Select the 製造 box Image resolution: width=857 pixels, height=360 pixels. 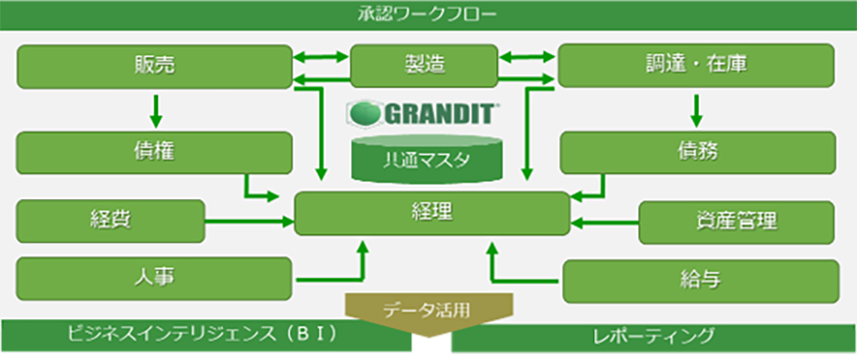425,66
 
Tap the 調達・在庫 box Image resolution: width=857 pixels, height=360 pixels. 696,66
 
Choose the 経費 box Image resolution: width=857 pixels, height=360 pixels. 110,220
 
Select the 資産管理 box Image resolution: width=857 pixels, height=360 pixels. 737,221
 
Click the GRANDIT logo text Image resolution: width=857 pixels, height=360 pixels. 426,114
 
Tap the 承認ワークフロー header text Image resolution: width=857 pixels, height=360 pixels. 428,13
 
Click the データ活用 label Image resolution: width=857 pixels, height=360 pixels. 428,309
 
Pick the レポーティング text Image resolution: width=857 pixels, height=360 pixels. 652,335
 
